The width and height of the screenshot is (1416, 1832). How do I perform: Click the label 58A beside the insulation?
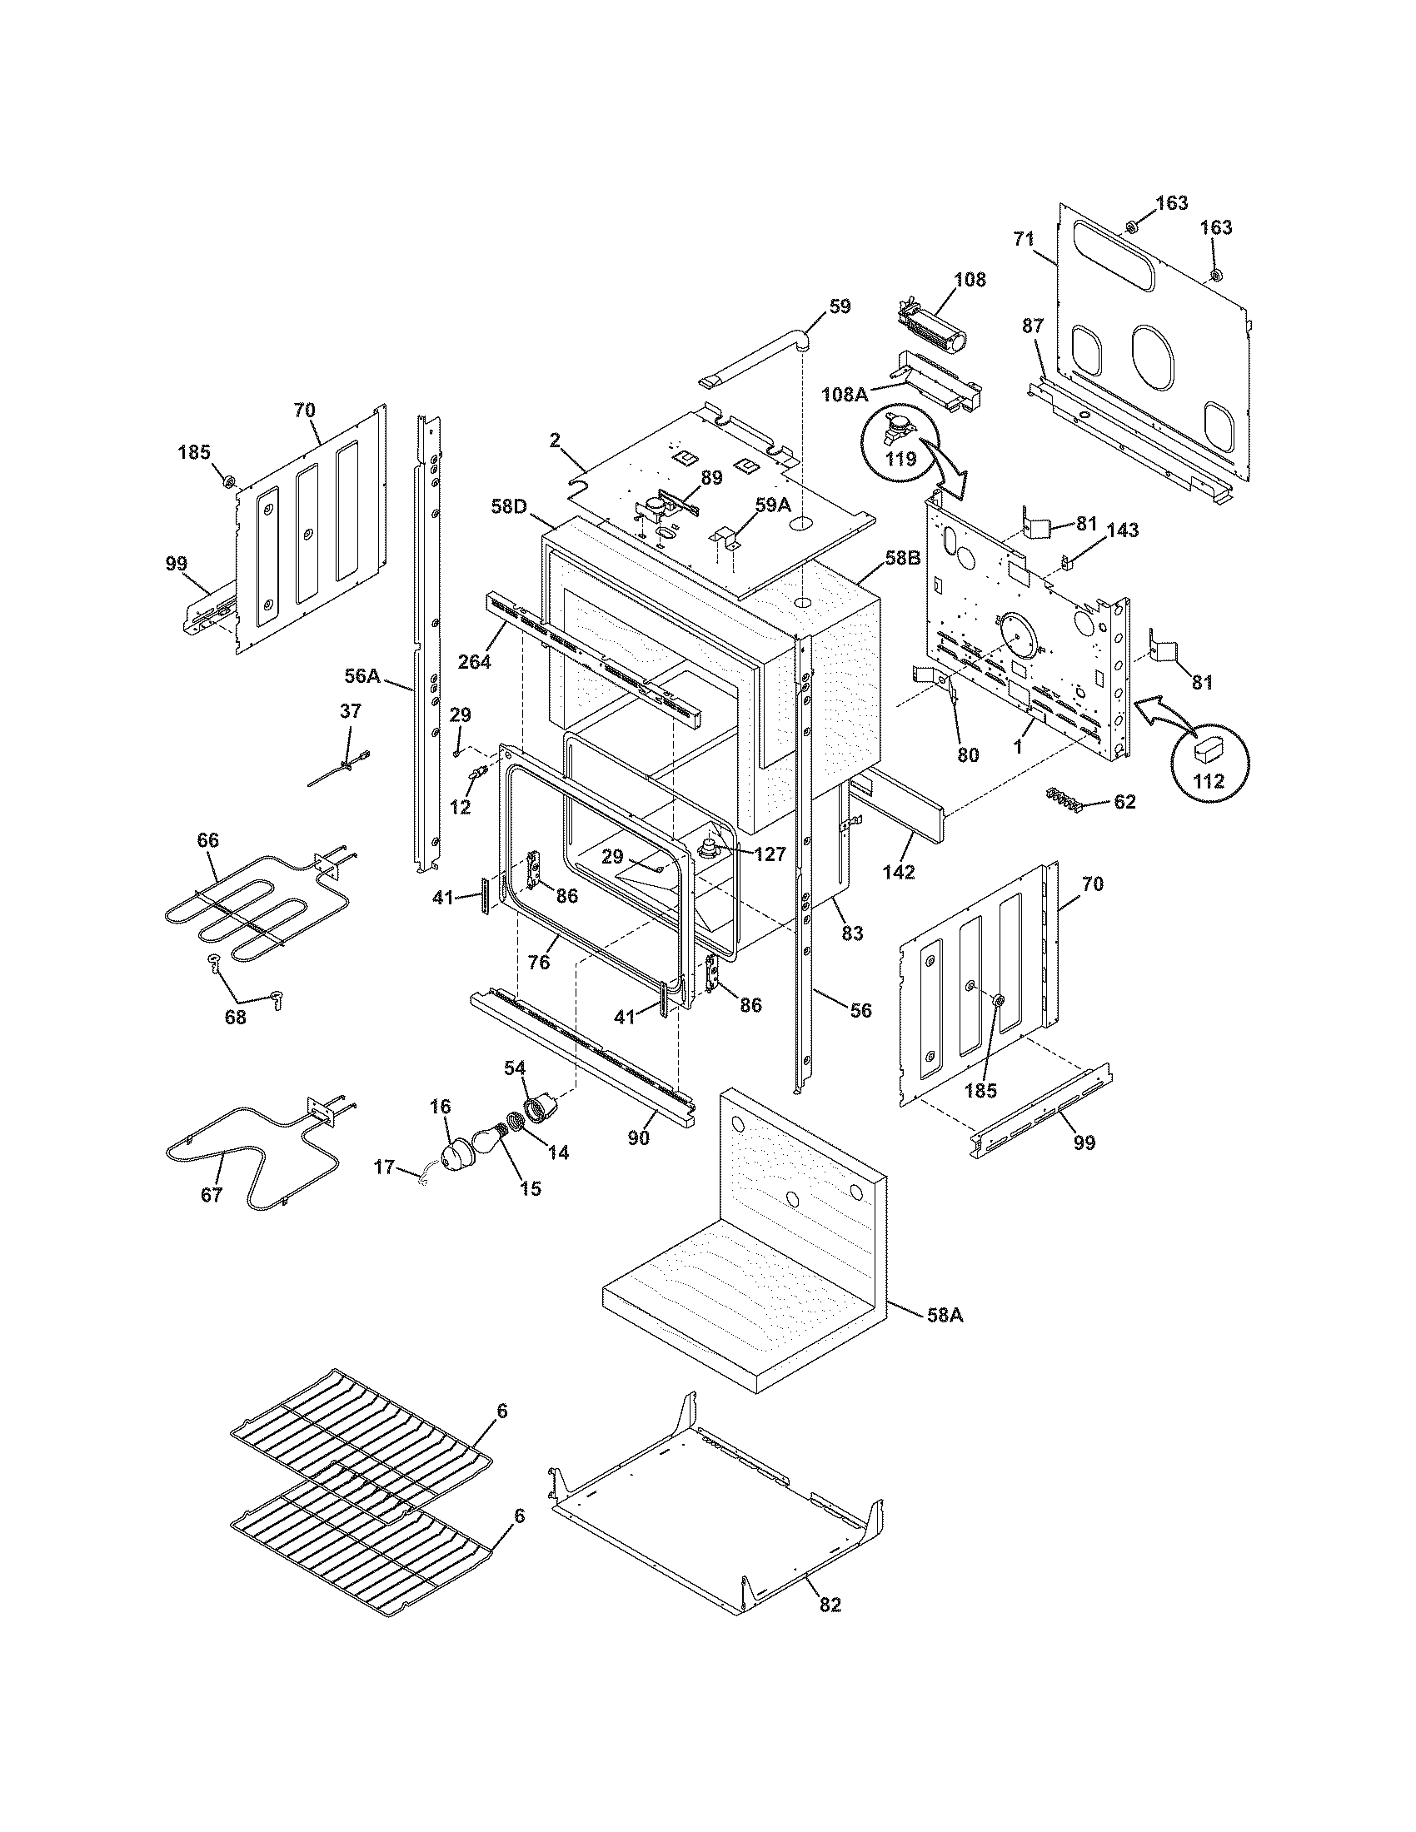pos(945,1315)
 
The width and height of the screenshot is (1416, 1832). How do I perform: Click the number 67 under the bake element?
pos(212,1194)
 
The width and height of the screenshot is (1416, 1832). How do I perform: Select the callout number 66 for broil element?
pos(207,839)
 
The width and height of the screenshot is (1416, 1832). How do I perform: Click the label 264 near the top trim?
pos(474,661)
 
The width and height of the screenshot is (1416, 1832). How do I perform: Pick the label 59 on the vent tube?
pos(839,307)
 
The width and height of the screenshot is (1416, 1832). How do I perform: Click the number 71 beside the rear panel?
pos(1023,239)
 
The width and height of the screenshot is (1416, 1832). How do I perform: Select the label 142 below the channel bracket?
pos(899,872)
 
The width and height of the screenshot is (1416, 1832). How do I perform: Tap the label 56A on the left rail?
pos(362,675)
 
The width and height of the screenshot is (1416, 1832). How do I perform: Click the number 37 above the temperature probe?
pos(351,711)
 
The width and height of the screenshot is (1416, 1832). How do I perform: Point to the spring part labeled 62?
pos(1062,800)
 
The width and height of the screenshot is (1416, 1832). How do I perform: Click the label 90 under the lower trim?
pos(639,1139)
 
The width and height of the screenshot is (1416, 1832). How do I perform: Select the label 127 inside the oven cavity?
pos(770,854)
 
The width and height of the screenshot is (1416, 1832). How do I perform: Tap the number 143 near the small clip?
pos(1123,530)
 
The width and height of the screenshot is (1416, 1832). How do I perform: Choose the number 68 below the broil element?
pos(237,1018)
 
